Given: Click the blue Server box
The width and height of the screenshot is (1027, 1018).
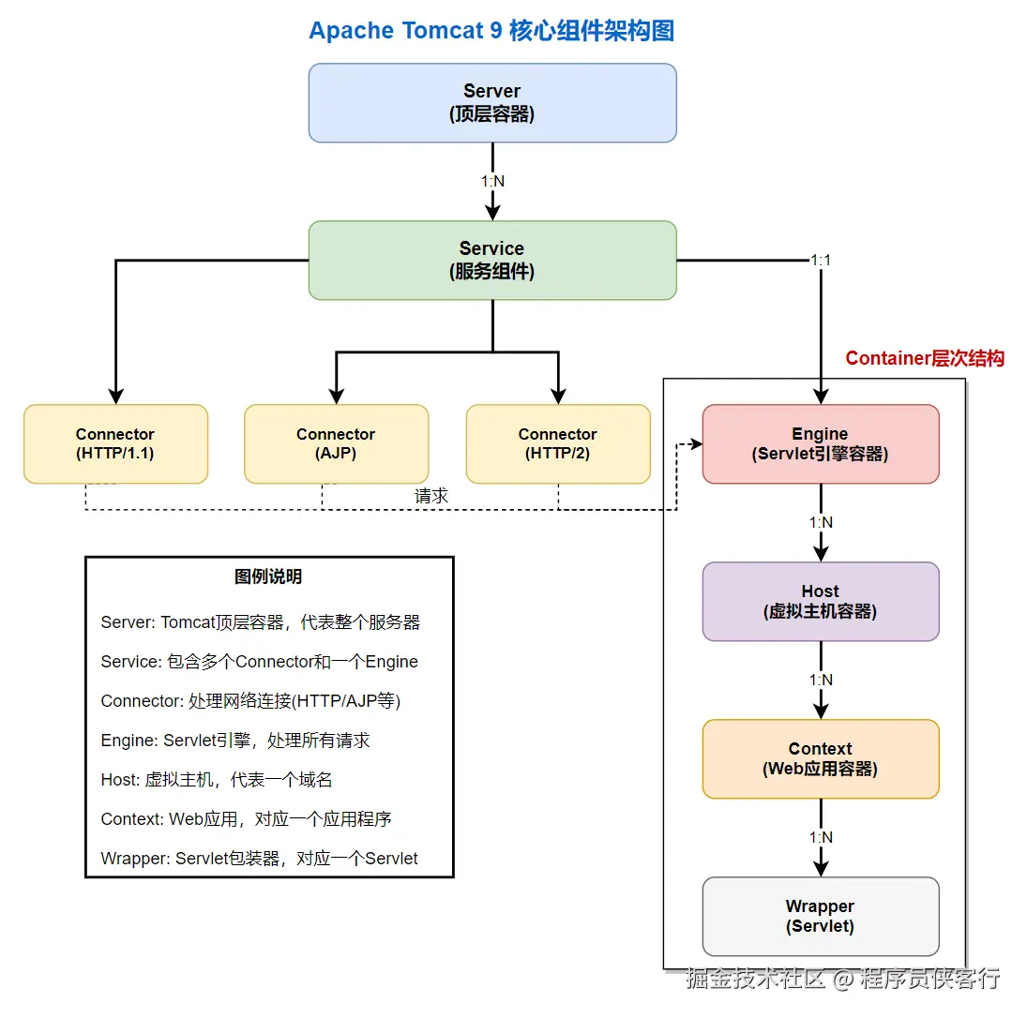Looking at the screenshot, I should tap(492, 103).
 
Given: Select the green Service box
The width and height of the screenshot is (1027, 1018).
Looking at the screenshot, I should tap(492, 261).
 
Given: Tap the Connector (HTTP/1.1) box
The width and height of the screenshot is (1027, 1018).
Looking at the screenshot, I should tap(115, 444).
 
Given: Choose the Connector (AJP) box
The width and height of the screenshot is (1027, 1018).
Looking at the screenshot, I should tap(336, 444).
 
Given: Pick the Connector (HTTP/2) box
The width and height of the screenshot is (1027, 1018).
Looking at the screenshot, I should tap(558, 444).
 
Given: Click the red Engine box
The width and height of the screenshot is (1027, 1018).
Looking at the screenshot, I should tap(820, 444).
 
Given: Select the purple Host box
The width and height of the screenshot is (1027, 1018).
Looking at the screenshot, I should tap(820, 602).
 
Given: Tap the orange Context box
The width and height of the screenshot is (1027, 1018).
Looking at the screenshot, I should tap(820, 759).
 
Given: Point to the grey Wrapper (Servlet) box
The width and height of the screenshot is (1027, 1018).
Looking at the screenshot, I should tap(820, 917).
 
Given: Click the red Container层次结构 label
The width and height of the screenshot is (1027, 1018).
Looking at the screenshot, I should tap(924, 358).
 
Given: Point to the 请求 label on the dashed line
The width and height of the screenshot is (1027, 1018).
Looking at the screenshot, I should tap(431, 496).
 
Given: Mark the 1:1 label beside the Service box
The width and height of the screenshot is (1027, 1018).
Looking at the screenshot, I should tap(821, 260).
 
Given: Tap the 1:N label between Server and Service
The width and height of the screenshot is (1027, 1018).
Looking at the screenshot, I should tap(492, 181).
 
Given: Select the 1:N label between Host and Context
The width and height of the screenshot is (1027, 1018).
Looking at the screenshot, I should tap(821, 680).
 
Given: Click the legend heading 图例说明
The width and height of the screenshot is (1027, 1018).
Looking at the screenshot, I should tap(268, 576).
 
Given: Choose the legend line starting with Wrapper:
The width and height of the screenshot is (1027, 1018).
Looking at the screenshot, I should tap(259, 858).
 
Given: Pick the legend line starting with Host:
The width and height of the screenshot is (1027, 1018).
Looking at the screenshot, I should tap(217, 780).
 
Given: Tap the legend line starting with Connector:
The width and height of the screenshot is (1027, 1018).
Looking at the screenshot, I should tap(250, 701).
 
